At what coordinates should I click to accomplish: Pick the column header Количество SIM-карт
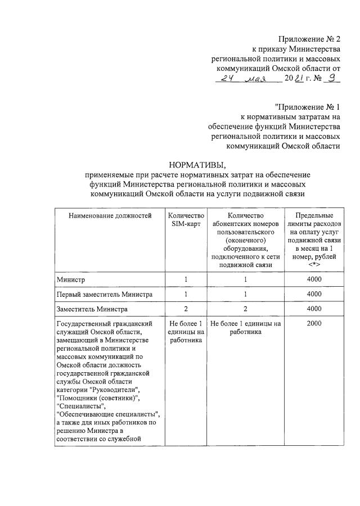coord(186,219)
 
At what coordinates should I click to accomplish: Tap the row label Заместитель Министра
coord(92,309)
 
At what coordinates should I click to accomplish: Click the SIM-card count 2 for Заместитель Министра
coord(186,309)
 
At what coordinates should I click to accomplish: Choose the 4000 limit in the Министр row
coord(314,279)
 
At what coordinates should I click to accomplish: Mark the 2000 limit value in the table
coord(314,324)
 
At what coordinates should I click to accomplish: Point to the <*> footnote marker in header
coord(314,264)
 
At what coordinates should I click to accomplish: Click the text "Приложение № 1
coord(308,106)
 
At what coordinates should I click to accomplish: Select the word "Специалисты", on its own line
coord(81,406)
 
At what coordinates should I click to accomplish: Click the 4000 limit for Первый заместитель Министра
coord(314,294)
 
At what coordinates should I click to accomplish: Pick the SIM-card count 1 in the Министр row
coord(186,279)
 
